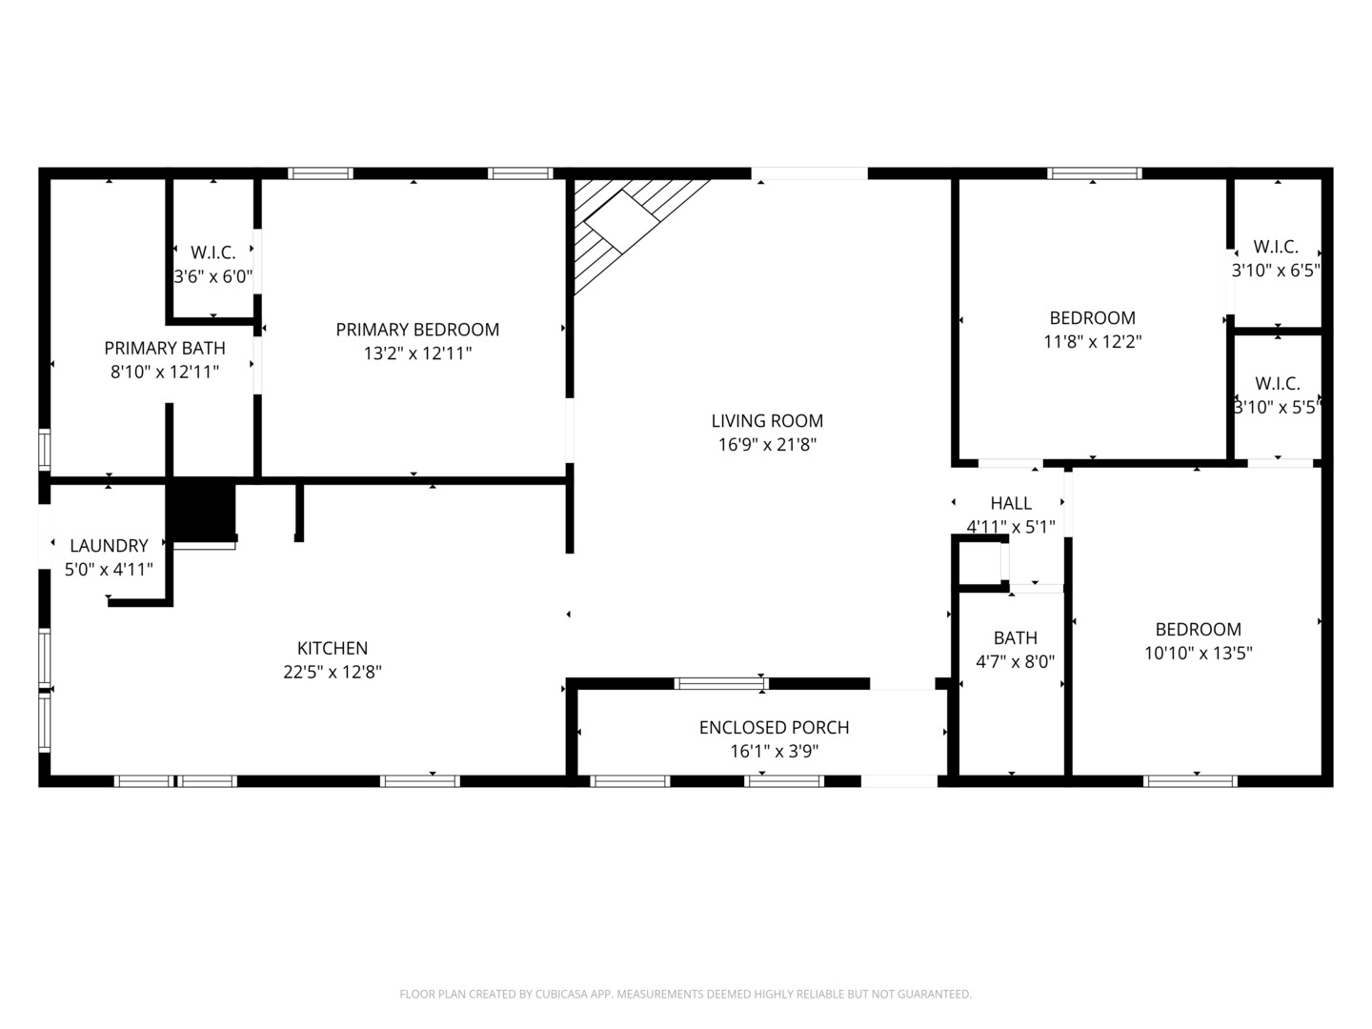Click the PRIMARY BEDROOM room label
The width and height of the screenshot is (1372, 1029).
click(x=417, y=330)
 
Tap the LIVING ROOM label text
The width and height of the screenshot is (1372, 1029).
click(x=767, y=420)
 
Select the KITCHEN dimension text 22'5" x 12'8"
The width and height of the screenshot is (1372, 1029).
click(x=333, y=672)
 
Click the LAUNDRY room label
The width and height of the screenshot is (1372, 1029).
click(x=109, y=545)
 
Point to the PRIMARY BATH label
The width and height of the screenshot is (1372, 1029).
click(x=165, y=348)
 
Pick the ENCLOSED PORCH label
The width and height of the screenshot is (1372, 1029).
click(x=774, y=727)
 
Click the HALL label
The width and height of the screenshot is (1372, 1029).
click(x=1011, y=503)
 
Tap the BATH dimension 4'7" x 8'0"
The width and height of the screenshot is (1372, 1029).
click(x=1015, y=661)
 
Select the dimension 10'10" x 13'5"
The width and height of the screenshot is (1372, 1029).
click(x=1199, y=653)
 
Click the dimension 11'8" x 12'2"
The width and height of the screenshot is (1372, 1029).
click(x=1093, y=341)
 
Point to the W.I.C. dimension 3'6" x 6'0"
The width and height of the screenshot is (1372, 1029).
click(x=213, y=276)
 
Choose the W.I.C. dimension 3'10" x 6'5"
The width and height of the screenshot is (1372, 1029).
click(x=1276, y=270)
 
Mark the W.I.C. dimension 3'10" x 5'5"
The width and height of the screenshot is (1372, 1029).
click(x=1278, y=407)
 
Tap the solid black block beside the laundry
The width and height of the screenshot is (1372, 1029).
click(x=201, y=510)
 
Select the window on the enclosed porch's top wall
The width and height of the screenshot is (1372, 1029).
click(x=721, y=683)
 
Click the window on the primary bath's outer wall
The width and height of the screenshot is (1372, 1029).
click(x=45, y=449)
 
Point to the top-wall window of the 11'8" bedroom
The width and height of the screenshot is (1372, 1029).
click(x=1095, y=173)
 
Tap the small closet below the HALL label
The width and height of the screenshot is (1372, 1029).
click(x=980, y=562)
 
